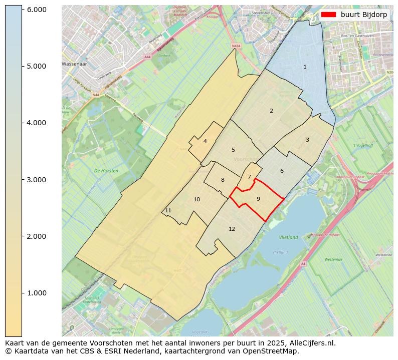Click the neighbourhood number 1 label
tap(305, 67)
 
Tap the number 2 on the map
tap(271, 111)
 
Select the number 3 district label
tap(307, 140)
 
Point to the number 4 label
tap(205, 141)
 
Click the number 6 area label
tap(282, 171)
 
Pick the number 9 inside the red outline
tap(258, 199)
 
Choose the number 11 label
tap(168, 210)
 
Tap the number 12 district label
tap(232, 229)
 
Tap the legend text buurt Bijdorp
tap(363, 15)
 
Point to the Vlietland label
tap(288, 237)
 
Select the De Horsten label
tap(106, 171)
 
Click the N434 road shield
tap(236, 46)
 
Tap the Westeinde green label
tap(333, 260)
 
